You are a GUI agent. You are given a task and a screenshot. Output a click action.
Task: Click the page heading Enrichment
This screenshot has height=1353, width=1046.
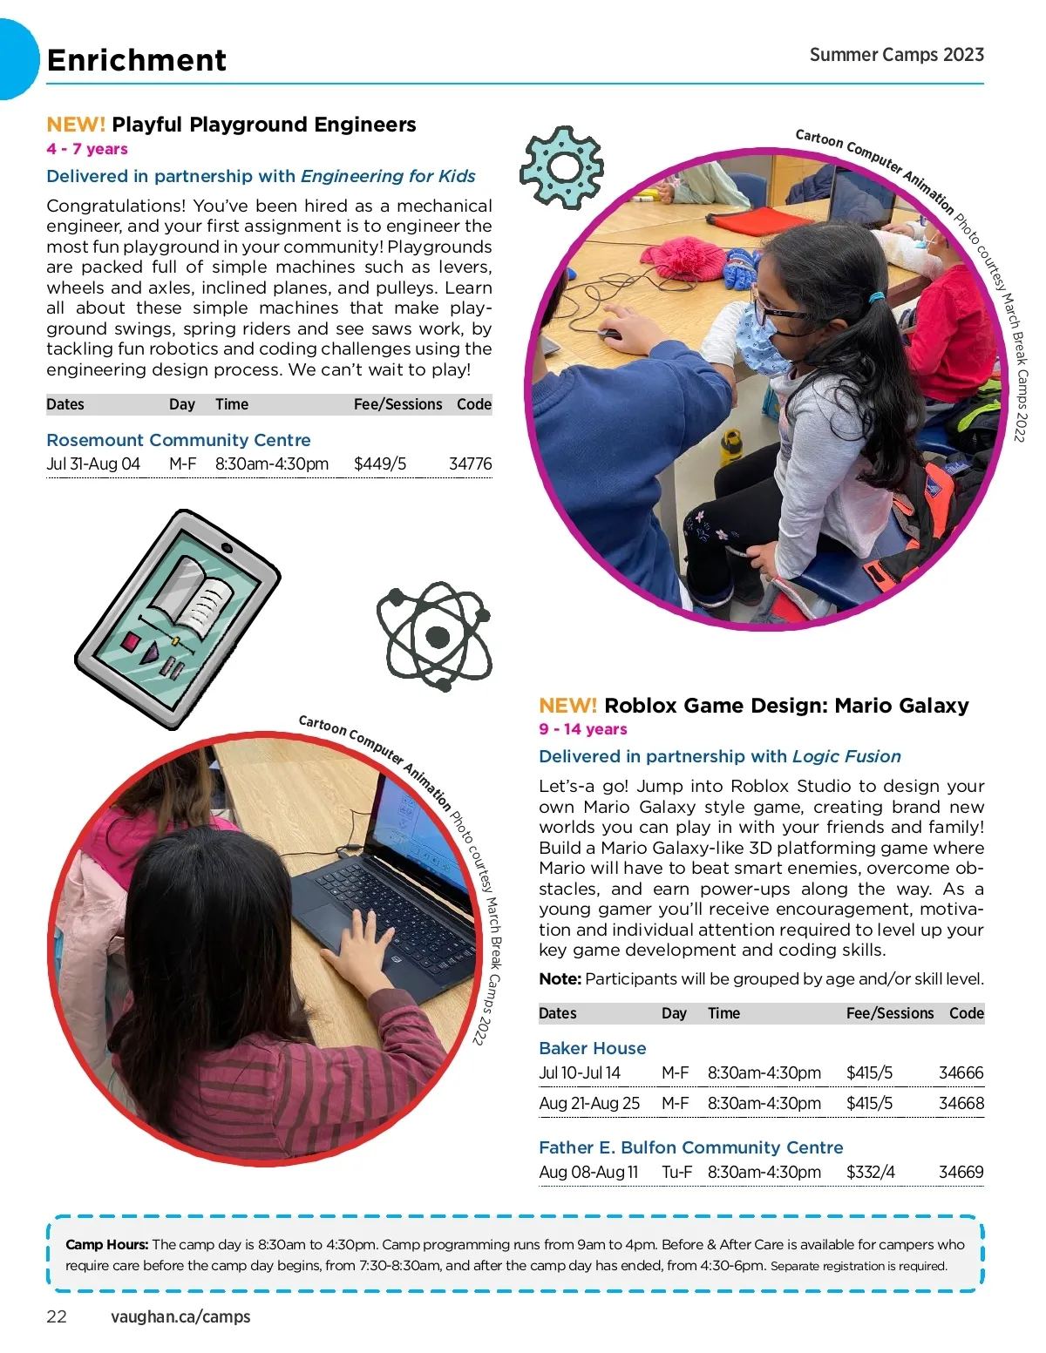(x=137, y=60)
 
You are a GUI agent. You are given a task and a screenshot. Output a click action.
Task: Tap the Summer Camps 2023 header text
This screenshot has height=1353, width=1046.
(x=896, y=55)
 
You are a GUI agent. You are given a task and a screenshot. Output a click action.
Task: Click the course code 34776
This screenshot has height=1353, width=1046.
(x=470, y=464)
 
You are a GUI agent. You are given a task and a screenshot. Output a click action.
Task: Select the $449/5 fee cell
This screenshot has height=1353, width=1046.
(x=380, y=464)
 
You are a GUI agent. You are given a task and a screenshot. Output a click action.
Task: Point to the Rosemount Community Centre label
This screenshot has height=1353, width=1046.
(x=178, y=440)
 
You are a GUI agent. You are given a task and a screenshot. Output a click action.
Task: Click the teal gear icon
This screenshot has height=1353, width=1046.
(x=562, y=167)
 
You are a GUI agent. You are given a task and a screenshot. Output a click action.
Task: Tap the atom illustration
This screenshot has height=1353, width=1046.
(x=434, y=636)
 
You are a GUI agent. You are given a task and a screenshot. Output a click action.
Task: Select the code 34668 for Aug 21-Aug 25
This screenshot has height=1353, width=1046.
(x=961, y=1104)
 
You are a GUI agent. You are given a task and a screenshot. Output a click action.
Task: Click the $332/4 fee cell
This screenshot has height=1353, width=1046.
(x=870, y=1173)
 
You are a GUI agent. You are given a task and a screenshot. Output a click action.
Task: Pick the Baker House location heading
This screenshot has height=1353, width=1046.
(x=593, y=1048)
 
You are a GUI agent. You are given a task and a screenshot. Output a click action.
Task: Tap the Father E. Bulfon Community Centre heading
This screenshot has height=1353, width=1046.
(x=690, y=1147)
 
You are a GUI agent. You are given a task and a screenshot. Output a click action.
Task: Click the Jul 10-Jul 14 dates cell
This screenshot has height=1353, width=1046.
(x=580, y=1073)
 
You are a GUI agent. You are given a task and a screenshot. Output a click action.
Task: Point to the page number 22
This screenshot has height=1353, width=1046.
(x=57, y=1316)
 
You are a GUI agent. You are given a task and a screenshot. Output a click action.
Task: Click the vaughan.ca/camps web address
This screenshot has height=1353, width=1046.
(x=180, y=1316)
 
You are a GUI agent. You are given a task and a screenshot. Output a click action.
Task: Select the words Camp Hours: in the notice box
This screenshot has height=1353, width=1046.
(x=106, y=1245)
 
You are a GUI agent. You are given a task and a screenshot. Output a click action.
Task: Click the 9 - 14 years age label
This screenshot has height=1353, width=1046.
(x=582, y=729)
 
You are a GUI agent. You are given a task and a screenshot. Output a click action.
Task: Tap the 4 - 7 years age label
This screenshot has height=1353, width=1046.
(x=87, y=149)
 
